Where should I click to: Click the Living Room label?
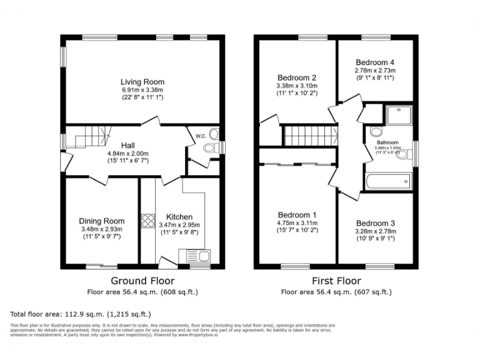pyautogui.click(x=142, y=82)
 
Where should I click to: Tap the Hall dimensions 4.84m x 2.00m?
pyautogui.click(x=127, y=153)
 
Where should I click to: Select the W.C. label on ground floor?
pyautogui.click(x=200, y=136)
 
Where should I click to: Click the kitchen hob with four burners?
pyautogui.click(x=149, y=221)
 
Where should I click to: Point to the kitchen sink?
pyautogui.click(x=198, y=256)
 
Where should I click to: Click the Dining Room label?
pyautogui.click(x=101, y=221)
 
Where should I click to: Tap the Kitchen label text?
pyautogui.click(x=179, y=217)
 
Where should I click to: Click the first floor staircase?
pyautogui.click(x=309, y=135)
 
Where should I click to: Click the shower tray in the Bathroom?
pyautogui.click(x=399, y=116)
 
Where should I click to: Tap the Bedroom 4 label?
pyautogui.click(x=375, y=62)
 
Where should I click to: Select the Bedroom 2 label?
pyautogui.click(x=297, y=77)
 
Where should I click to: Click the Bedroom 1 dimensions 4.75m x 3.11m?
pyautogui.click(x=297, y=222)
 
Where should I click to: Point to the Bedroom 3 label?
pyautogui.click(x=375, y=223)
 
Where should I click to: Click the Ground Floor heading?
pyautogui.click(x=142, y=281)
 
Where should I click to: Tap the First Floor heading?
pyautogui.click(x=336, y=281)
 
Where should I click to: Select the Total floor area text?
pyautogui.click(x=81, y=314)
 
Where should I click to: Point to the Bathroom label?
pyautogui.click(x=387, y=142)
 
